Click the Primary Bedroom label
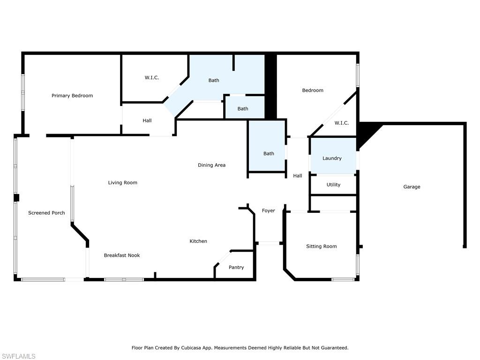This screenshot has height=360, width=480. pos(72,96)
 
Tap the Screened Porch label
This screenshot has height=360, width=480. pos(46,213)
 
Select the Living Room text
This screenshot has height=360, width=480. pos(123,183)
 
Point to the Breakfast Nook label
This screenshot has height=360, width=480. pos(122,255)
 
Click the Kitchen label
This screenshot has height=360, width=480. pos(198,241)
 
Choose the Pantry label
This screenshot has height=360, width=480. pos(236,268)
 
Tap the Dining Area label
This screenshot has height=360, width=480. pos(211,165)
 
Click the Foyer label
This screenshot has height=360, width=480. pos(268,211)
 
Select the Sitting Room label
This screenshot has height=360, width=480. pos(322,247)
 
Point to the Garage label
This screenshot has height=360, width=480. pos(412,187)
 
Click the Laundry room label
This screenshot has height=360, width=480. pos(332,158)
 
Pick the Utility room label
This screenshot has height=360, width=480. pos(334,185)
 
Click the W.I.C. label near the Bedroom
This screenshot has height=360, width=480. pos(342,123)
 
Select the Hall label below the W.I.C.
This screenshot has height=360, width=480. pos(147,121)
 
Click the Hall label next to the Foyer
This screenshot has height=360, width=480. pos(298,176)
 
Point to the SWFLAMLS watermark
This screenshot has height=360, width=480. pos(18,357)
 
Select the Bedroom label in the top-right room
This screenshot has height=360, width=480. pos(313,90)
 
